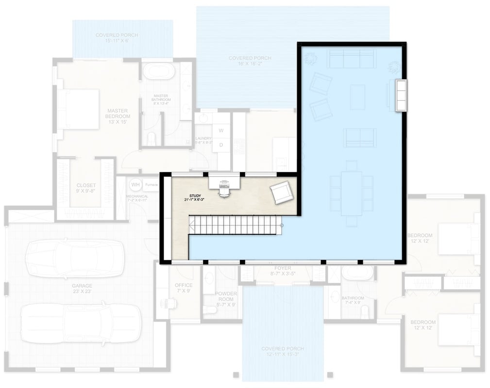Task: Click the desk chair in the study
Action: tap(223, 191)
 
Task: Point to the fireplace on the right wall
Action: tap(401, 96)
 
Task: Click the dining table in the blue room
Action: tap(351, 193)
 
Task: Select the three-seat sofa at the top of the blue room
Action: tap(351, 60)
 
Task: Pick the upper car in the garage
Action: tap(75, 258)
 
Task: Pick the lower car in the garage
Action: tap(81, 323)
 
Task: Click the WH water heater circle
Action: tap(135, 185)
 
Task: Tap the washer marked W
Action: tap(221, 130)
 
